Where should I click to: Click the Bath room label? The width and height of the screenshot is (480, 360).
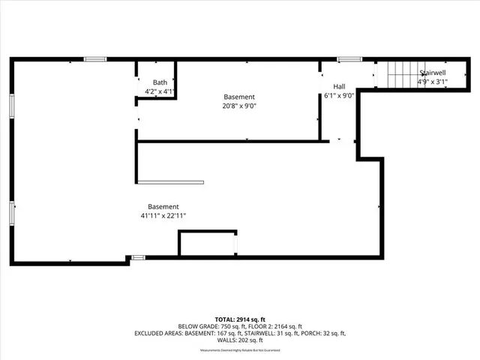click(x=160, y=82)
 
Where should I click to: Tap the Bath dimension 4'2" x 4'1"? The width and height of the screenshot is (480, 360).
click(x=160, y=91)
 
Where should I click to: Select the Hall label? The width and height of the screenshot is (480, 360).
click(x=339, y=86)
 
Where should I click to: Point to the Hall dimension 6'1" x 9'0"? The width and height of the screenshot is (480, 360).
click(x=339, y=96)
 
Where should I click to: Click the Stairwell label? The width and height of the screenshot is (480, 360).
click(x=433, y=73)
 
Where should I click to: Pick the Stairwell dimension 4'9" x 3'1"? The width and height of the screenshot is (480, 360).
click(x=433, y=82)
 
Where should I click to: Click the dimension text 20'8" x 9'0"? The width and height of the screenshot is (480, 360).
click(x=240, y=106)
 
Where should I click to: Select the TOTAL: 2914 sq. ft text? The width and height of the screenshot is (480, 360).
click(x=239, y=319)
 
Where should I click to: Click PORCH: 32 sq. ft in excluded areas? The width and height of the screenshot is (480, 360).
click(x=323, y=333)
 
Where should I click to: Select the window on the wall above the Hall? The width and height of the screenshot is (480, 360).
click(x=349, y=59)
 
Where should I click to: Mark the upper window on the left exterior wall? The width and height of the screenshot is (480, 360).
click(x=12, y=105)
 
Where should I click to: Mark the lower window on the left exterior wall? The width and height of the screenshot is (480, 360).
click(x=12, y=213)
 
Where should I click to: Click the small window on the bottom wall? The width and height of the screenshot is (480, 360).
click(x=138, y=257)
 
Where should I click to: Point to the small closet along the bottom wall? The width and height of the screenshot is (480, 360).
click(x=207, y=244)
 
